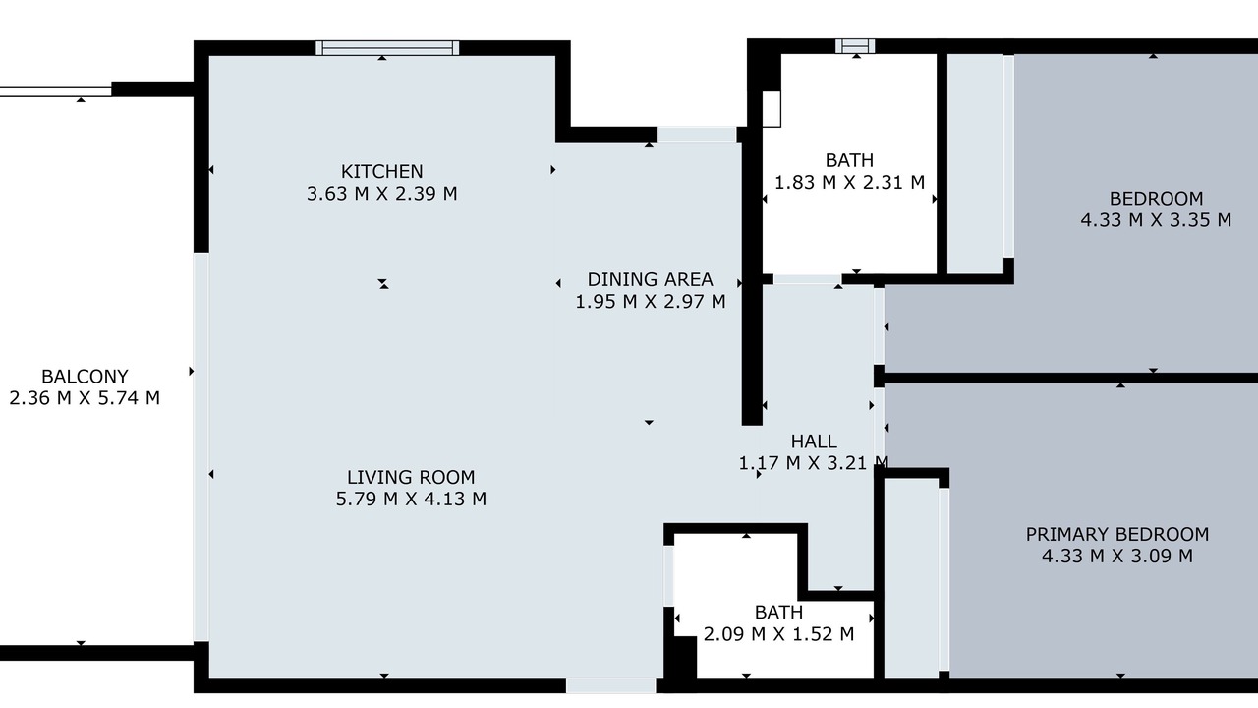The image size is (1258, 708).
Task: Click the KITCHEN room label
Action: coord(382,171)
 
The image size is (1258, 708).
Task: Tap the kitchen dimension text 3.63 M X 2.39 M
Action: coord(382,194)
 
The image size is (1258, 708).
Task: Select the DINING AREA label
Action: coord(651,279)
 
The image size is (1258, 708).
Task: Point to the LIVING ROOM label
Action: coord(411,477)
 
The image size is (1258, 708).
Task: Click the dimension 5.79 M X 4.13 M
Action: coord(411,499)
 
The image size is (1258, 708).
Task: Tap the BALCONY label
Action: coord(85,376)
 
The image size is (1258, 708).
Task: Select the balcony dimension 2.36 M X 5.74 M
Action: coord(85,398)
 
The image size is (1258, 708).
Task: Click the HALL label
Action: coord(814,442)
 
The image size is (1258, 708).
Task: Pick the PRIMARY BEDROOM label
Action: coord(1117,534)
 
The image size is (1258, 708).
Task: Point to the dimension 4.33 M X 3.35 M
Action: coord(1157,219)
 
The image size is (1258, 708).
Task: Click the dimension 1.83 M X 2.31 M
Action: coord(850,182)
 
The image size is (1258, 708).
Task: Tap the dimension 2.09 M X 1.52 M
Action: coord(779,634)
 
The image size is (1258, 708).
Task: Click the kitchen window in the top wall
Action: coord(387,48)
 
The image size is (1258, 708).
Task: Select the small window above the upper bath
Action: coord(855,46)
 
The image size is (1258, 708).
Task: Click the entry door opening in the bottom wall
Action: coord(611,685)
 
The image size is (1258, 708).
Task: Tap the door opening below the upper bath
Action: coord(807,279)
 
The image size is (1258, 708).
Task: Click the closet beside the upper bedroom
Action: coord(976,163)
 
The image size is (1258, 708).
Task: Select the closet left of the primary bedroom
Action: coord(911,577)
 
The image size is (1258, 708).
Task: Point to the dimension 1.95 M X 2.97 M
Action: coord(651,302)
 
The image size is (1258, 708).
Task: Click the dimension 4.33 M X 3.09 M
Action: coord(1117,556)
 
